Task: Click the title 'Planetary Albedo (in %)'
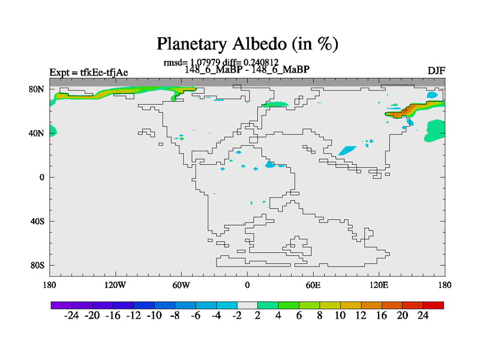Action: coord(247,44)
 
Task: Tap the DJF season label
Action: coord(436,71)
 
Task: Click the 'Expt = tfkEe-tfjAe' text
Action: coord(89,73)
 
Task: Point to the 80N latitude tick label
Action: coord(37,89)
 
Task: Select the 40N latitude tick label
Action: coord(37,133)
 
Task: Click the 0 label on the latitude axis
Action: coord(41,177)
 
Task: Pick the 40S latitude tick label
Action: coord(37,221)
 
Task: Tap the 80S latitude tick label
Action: coord(37,265)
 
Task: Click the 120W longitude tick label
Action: coord(115,286)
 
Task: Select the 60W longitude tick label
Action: coord(181,286)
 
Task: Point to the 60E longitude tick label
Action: coord(313,286)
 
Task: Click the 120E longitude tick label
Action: coord(379,286)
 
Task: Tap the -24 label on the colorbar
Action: coord(71,316)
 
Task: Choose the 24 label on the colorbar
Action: coord(423,316)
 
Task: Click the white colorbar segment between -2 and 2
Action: coord(247,305)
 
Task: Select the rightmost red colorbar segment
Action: coord(433,305)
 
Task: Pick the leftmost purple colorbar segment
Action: coord(61,305)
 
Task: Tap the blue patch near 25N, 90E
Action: coord(347,151)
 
